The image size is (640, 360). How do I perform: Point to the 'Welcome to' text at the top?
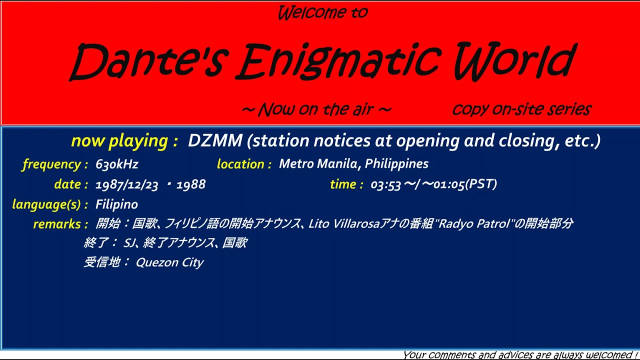322,12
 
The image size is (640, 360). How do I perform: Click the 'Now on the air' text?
316,109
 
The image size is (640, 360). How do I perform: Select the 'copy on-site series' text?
521,109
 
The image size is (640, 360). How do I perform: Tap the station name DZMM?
215,141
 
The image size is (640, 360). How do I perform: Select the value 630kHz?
117,164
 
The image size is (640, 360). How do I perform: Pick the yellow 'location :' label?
244,164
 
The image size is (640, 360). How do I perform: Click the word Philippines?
396,164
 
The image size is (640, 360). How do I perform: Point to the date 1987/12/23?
126,184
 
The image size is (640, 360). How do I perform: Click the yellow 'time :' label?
346,184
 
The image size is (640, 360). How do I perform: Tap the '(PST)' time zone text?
481,184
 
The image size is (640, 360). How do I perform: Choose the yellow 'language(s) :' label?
50,204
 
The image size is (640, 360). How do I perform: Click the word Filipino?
116,204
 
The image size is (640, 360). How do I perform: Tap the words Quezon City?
169,262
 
